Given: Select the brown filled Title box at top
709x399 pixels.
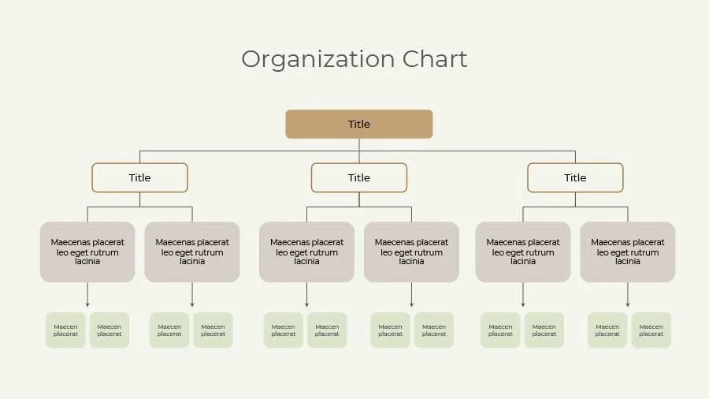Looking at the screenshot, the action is coord(358,124).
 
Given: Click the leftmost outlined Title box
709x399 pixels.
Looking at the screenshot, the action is coord(139,177).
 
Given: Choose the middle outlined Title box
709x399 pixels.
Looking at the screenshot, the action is coord(358,177).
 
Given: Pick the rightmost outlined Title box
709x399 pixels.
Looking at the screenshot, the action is coord(575,177).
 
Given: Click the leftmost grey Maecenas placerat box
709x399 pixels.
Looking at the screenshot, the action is coord(87,252).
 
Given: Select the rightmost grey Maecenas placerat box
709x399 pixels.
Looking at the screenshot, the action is coord(628,252).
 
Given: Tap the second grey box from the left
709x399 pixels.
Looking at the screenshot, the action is coord(192,252).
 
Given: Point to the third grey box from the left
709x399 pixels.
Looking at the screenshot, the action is coord(306,252).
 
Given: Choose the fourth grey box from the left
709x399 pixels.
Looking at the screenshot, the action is coord(411,252).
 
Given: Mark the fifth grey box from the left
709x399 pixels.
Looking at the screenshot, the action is coord(523,252).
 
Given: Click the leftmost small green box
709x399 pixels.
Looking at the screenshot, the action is coord(65,330).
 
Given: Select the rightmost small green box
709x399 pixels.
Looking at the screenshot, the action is coord(651,330).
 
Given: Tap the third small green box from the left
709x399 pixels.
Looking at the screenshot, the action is coord(169,330).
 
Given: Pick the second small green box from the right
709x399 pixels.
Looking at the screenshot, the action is coord(607,330).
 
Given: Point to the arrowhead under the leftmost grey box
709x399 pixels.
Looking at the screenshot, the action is coord(87,304).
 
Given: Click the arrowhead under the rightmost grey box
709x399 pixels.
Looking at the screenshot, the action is coord(628,304).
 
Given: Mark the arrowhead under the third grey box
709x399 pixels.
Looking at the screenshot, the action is coord(306,304).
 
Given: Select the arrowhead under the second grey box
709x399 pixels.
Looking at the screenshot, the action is coord(192,304).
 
